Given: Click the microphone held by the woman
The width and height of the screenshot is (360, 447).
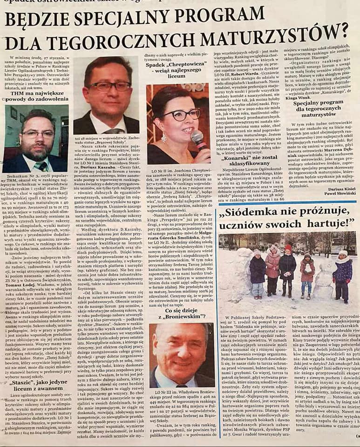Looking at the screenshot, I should coord(197,139).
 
